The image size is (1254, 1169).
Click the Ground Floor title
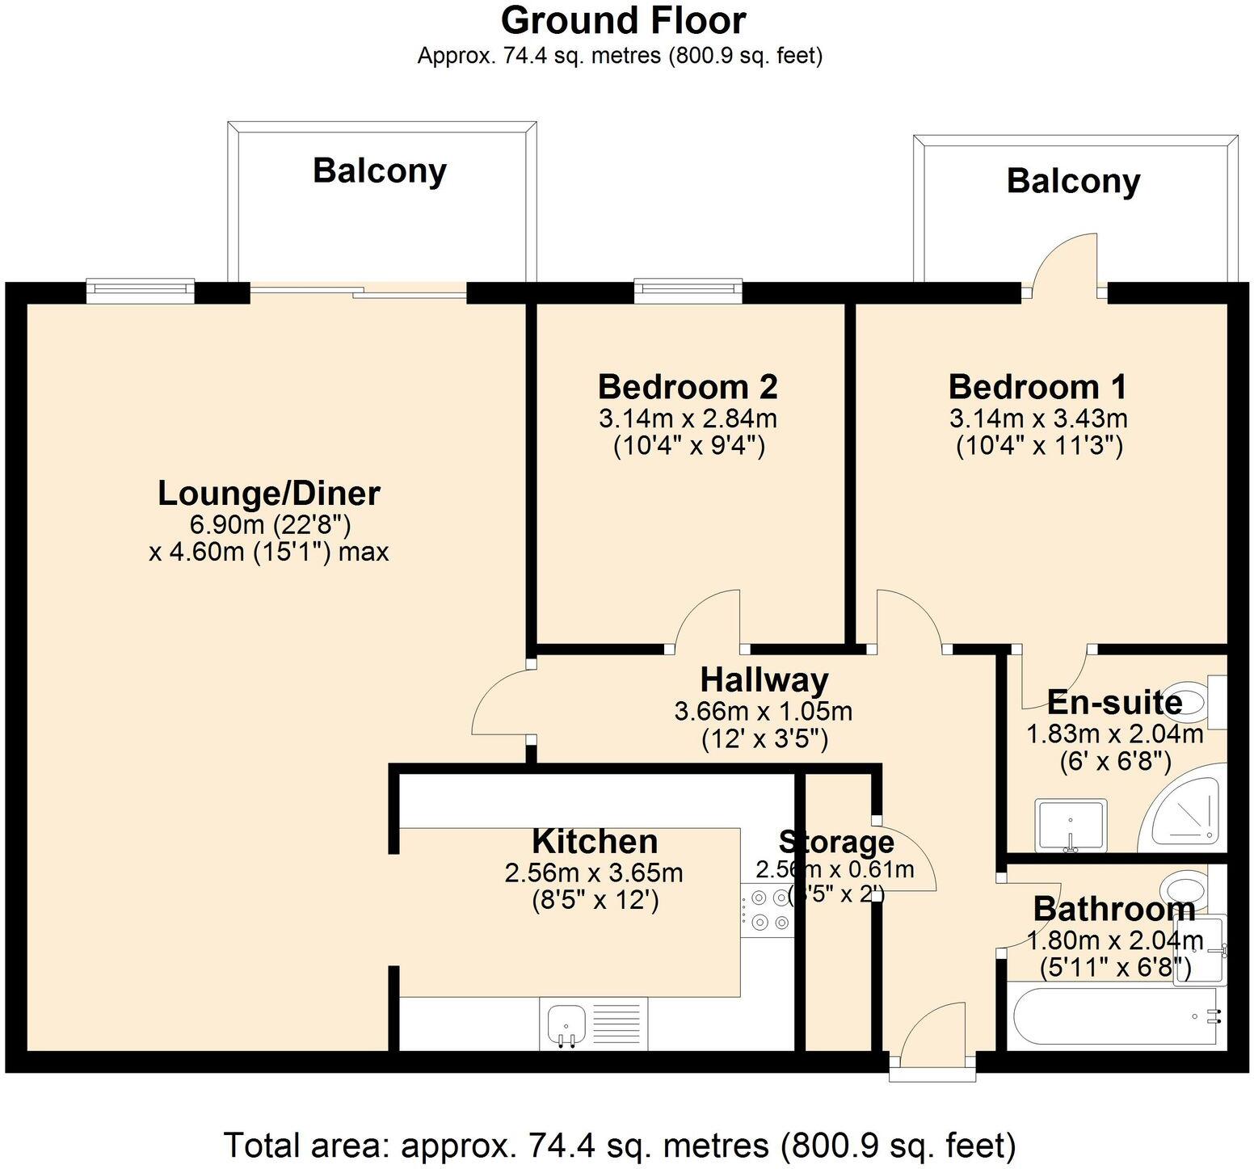(x=623, y=21)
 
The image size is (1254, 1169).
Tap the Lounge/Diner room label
(x=268, y=493)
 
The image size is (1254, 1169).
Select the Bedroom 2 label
(x=688, y=387)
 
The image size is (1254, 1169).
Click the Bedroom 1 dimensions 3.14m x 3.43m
(x=1037, y=418)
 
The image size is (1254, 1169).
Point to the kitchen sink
(x=564, y=1024)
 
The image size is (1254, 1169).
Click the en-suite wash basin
(x=1071, y=825)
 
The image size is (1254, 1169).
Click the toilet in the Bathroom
(x=1184, y=889)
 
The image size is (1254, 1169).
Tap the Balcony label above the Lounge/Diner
(x=380, y=171)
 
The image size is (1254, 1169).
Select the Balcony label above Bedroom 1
(x=1073, y=181)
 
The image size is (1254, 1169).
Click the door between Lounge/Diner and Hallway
(x=501, y=701)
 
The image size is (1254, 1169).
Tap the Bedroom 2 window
(x=688, y=291)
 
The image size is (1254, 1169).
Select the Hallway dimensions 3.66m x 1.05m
(x=764, y=712)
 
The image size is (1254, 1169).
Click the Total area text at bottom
(x=619, y=1145)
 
